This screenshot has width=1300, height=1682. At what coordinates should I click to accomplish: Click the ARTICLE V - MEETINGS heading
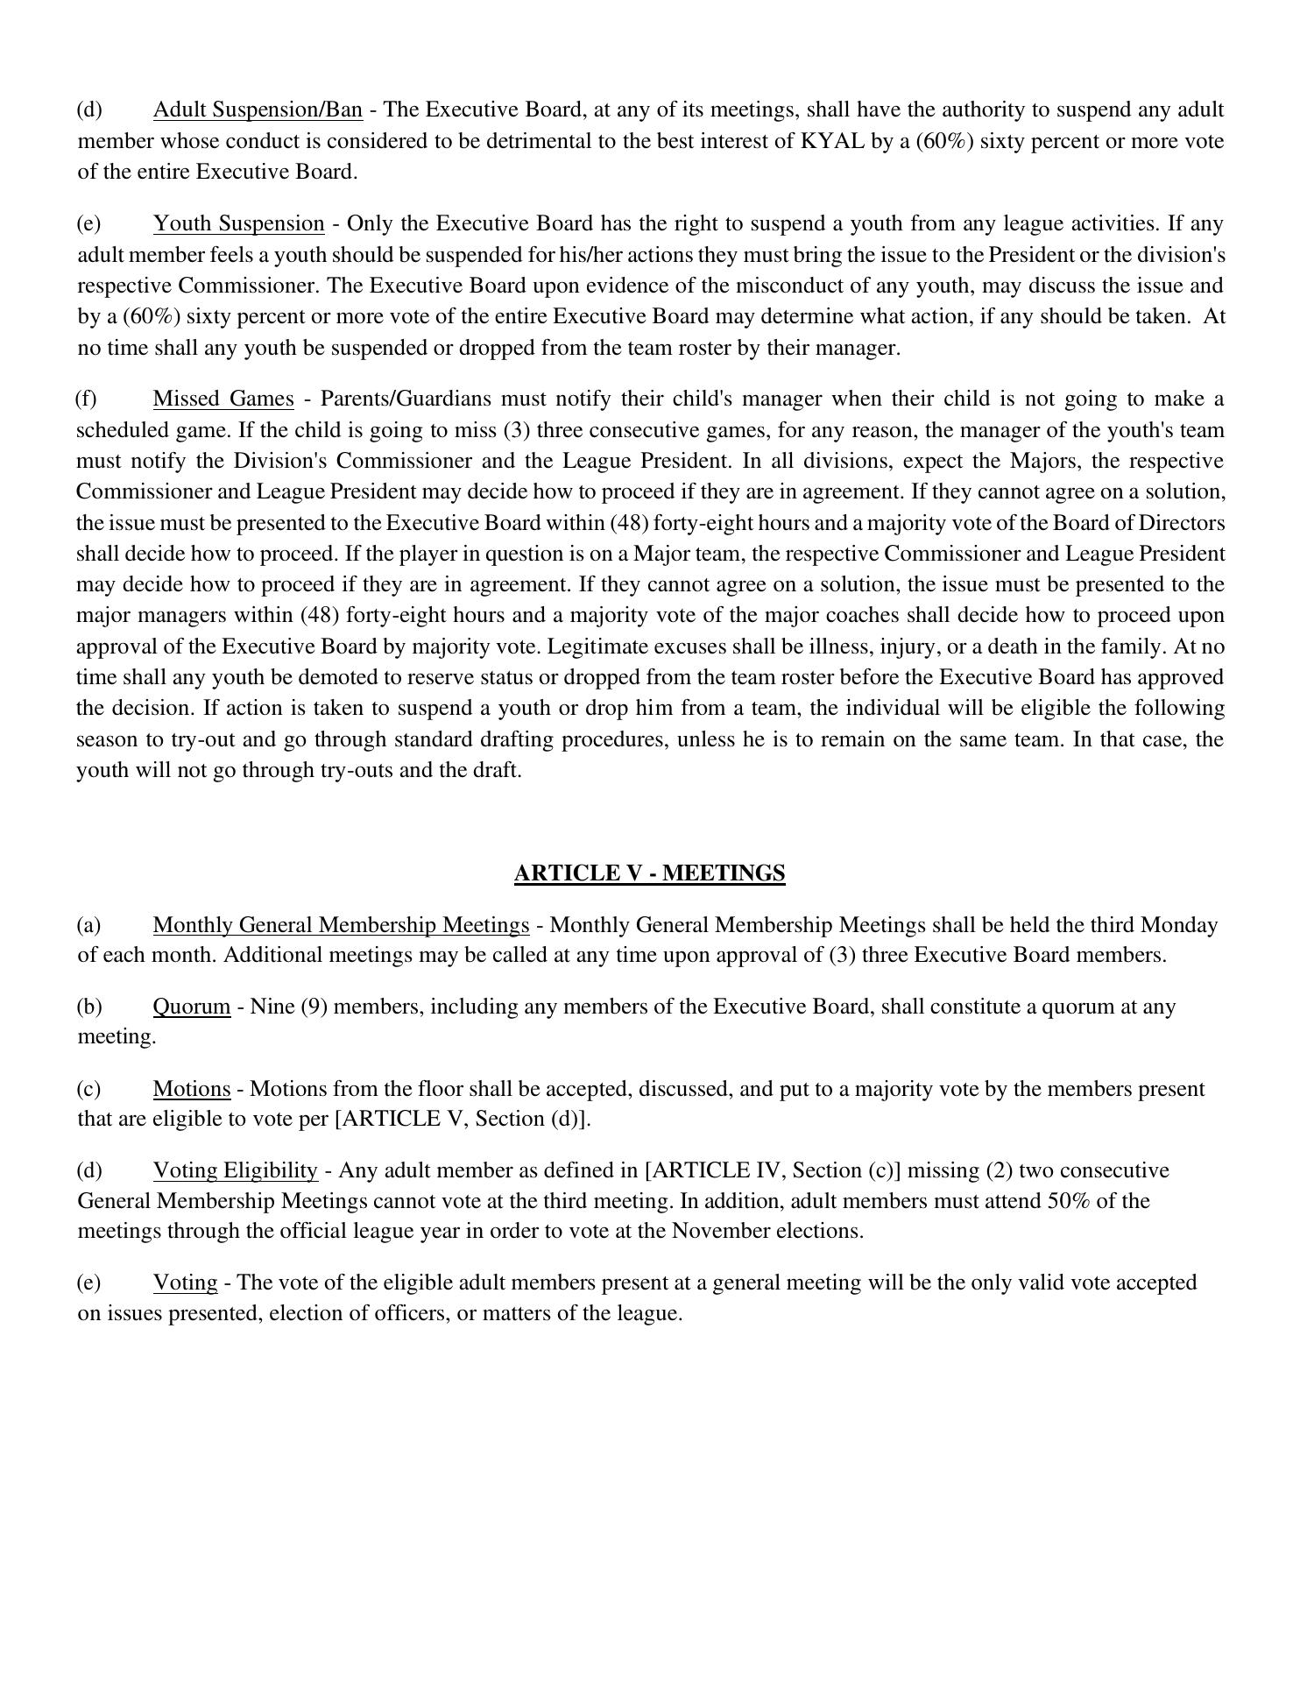[x=649, y=873]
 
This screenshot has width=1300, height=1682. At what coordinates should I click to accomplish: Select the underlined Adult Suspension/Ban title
[x=258, y=110]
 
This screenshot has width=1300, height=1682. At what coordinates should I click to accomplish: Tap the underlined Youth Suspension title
[x=238, y=223]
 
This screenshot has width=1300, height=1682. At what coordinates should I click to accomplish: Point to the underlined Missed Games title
[x=223, y=399]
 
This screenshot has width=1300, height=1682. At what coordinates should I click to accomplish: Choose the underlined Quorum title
[x=192, y=1007]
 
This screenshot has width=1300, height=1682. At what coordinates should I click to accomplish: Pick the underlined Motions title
[x=192, y=1089]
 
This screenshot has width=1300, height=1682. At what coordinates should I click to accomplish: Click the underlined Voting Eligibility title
[x=235, y=1170]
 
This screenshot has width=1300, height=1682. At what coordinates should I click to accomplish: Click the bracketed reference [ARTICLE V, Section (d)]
[x=463, y=1119]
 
